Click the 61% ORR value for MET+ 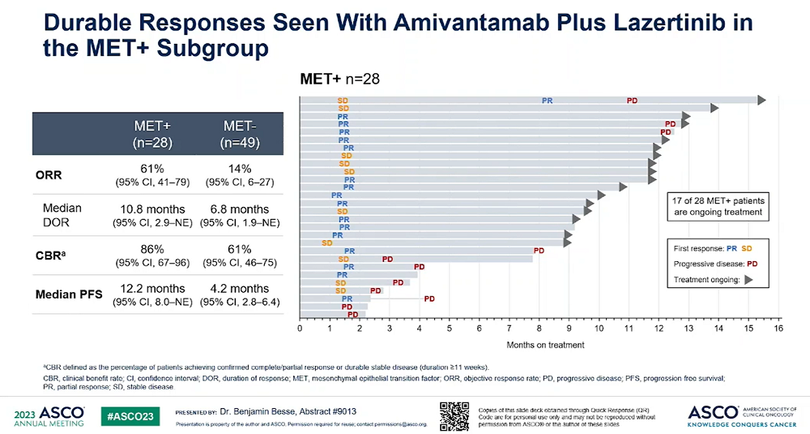point(152,168)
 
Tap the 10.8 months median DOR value point(152,209)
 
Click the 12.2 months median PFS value point(152,289)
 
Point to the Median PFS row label point(69,294)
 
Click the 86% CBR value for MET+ point(152,249)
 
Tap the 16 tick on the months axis point(778,329)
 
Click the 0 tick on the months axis point(300,329)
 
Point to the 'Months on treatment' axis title point(545,345)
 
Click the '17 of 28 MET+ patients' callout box point(718,206)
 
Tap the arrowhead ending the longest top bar point(761,100)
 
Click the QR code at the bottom point(454,415)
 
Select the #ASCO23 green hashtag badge point(132,415)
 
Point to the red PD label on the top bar point(632,100)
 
